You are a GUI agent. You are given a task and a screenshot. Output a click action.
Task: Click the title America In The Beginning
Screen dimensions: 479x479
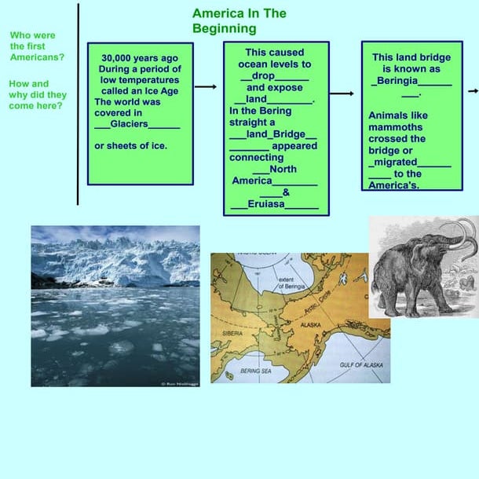[239, 21]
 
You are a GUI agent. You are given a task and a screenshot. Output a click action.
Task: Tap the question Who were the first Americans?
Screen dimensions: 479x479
[37, 46]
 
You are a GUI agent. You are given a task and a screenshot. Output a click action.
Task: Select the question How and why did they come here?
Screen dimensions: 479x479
[36, 94]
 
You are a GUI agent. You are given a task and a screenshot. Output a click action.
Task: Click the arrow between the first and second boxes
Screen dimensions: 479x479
[205, 86]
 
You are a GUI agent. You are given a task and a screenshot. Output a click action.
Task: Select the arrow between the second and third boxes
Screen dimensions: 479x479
[342, 93]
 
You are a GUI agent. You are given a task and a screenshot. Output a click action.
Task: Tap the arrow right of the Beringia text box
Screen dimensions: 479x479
[474, 91]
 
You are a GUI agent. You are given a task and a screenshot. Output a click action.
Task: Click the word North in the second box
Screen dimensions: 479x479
[282, 169]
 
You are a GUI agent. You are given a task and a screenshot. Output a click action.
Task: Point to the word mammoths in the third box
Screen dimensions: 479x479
[397, 127]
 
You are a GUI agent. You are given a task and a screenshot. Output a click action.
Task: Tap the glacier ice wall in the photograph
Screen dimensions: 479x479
[118, 261]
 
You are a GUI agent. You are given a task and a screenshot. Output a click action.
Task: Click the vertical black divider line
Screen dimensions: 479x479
[79, 102]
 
